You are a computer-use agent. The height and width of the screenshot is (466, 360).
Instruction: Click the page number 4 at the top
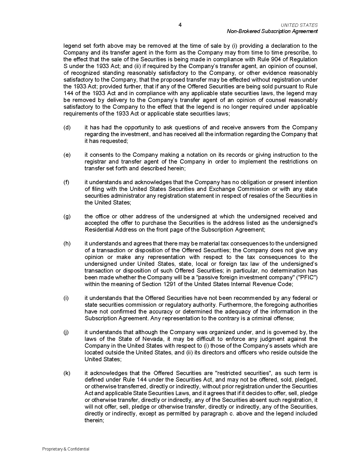point(180,25)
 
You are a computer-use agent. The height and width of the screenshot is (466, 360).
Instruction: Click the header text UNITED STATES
point(299,25)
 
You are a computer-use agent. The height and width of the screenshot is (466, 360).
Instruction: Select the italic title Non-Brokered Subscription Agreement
point(272,31)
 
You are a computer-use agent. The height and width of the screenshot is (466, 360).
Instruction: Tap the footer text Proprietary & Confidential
point(66,449)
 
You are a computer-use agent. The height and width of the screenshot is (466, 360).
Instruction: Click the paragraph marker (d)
point(67,128)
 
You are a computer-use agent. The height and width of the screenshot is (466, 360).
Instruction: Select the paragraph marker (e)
point(67,155)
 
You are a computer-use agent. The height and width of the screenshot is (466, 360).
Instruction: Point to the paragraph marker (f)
point(66,182)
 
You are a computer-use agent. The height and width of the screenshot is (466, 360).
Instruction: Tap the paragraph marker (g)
point(67,217)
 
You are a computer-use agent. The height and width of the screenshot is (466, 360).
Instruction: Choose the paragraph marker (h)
point(67,244)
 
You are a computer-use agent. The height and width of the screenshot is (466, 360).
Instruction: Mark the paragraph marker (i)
point(66,298)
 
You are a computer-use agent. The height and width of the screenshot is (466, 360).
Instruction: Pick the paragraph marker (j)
point(66,332)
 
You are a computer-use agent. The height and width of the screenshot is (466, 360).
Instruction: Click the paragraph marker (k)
point(67,373)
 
